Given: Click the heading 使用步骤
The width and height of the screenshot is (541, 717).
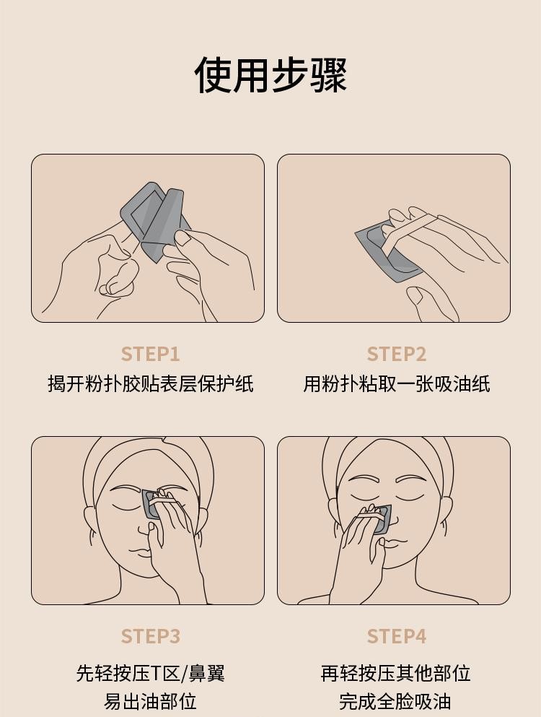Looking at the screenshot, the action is (270, 74).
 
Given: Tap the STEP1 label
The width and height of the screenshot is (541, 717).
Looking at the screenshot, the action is (150, 355).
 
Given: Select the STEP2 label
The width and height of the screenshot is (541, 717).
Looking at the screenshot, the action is (396, 355).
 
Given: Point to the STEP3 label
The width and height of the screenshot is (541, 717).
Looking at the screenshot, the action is (150, 637).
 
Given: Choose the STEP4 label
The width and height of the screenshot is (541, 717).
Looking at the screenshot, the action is (396, 637).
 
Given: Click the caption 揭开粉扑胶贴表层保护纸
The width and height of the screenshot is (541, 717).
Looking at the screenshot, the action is (150, 383).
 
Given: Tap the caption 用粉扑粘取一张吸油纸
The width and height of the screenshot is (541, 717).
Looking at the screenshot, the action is (396, 383).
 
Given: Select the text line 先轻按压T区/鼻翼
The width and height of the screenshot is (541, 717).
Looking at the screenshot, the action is (150, 673).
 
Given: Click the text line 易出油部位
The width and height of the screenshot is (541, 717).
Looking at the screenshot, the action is (150, 701).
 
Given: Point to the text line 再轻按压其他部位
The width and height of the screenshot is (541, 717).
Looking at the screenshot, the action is (396, 673).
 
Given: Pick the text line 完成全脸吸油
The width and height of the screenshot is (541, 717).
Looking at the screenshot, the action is (396, 701).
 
